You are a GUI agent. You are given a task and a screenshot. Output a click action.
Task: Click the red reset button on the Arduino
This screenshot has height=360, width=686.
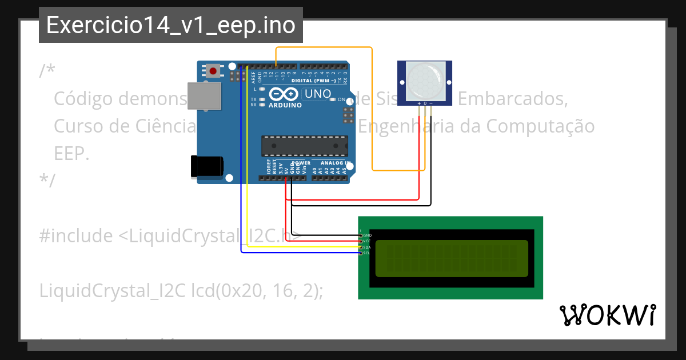click(x=213, y=71)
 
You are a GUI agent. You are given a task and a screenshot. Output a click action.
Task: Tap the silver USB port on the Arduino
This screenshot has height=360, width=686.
click(x=204, y=95)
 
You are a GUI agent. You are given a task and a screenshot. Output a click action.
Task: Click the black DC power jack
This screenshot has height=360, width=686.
click(x=207, y=166)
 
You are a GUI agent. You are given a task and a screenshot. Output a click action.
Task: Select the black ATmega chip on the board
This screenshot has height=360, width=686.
click(x=304, y=146)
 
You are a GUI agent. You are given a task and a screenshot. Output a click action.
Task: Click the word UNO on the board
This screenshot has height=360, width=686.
click(x=317, y=94)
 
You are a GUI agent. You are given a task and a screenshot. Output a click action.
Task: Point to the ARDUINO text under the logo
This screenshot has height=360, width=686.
click(x=285, y=105)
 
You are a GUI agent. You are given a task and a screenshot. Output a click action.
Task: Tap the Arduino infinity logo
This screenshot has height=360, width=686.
click(x=284, y=94)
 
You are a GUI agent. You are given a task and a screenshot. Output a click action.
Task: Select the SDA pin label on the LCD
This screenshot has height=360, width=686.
click(x=367, y=247)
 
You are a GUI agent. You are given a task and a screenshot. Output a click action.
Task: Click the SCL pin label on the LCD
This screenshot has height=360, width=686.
click(x=367, y=253)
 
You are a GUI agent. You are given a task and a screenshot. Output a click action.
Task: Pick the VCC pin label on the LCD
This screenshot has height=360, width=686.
click(x=367, y=241)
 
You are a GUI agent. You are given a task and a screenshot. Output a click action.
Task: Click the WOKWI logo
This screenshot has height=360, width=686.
click(x=607, y=315)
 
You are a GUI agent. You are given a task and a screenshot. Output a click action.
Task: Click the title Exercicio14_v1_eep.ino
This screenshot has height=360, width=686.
click(x=170, y=25)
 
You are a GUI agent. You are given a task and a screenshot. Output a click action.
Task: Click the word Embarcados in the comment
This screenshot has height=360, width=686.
click(x=513, y=98)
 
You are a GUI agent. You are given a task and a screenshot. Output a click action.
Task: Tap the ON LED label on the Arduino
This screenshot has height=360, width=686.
click(x=341, y=99)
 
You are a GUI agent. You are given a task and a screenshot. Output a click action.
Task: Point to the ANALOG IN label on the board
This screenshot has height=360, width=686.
click(x=336, y=163)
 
